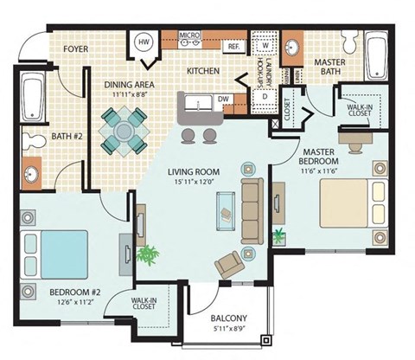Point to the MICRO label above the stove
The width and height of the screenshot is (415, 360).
[x=189, y=35]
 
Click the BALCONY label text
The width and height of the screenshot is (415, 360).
[x=228, y=318]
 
